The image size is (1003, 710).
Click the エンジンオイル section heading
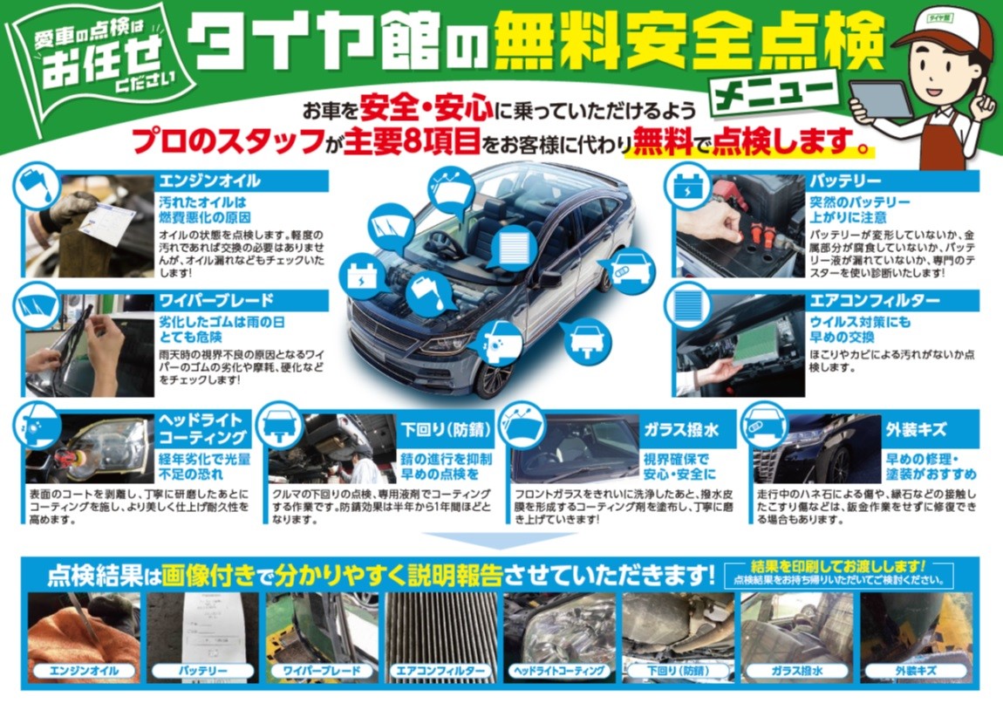click(x=210, y=181)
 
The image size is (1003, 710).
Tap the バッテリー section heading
click(x=845, y=181)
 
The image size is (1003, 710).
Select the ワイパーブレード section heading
click(x=216, y=301)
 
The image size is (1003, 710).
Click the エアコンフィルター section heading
click(x=875, y=301)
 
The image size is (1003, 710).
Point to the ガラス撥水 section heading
click(x=680, y=430)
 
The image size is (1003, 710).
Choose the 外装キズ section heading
click(x=916, y=430)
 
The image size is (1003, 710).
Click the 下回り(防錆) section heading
click(x=446, y=430)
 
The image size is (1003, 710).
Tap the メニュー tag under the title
click(x=774, y=93)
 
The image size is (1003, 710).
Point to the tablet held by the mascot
click(x=881, y=99)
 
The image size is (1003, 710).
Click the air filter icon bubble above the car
click(x=512, y=246)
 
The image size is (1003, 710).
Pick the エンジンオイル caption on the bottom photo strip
click(x=84, y=671)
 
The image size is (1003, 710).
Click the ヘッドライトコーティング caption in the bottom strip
click(x=559, y=671)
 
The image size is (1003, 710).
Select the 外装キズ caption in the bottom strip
click(x=916, y=671)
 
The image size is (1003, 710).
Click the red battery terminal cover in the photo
click(x=728, y=193)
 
